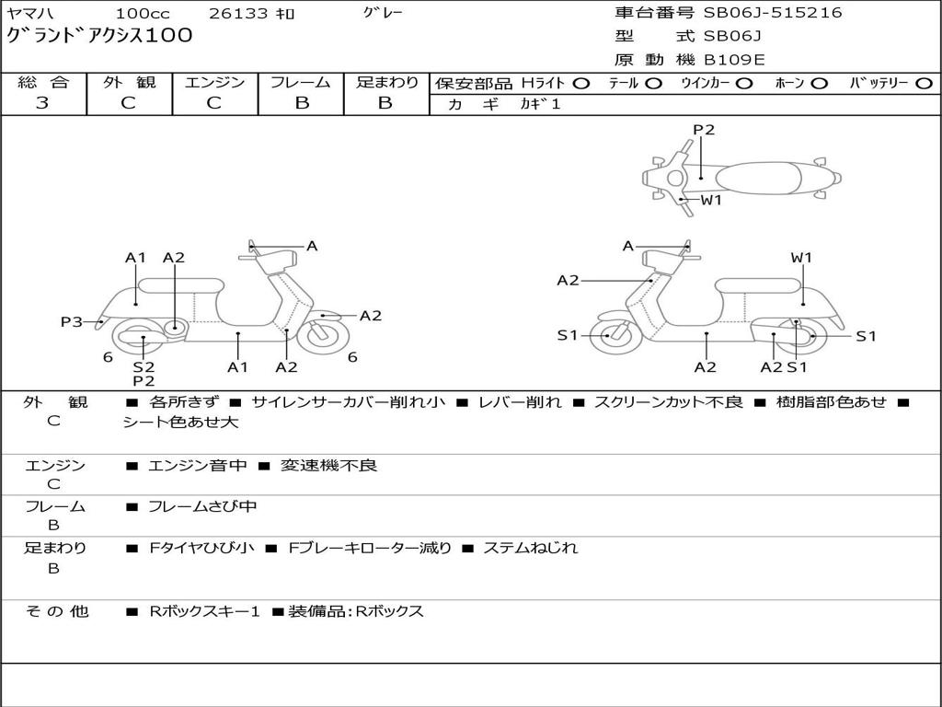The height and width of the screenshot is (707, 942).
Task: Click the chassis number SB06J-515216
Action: (x=773, y=13)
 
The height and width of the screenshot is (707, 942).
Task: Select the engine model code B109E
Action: (x=734, y=60)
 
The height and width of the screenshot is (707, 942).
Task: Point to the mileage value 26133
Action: (x=238, y=14)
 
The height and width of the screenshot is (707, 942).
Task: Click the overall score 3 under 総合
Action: (x=42, y=103)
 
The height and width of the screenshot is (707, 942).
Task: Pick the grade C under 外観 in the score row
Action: (x=129, y=103)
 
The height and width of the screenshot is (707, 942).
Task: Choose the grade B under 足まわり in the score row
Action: (x=385, y=103)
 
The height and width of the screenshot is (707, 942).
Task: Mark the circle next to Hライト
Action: (x=581, y=83)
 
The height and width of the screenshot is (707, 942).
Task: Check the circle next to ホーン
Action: (x=820, y=83)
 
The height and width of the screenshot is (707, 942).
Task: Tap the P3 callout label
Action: (x=71, y=321)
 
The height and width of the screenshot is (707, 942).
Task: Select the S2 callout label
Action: (x=144, y=366)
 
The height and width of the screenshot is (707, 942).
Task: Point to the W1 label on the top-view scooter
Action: (x=712, y=200)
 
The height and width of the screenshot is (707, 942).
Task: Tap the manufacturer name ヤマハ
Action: (x=30, y=14)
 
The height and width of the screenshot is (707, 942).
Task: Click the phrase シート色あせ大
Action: (x=180, y=423)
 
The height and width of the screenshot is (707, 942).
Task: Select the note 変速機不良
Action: (x=328, y=466)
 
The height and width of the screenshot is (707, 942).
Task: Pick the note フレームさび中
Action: (x=202, y=506)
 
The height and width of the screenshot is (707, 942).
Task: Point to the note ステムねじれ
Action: (x=531, y=548)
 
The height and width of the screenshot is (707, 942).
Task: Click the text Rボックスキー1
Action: (x=204, y=611)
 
